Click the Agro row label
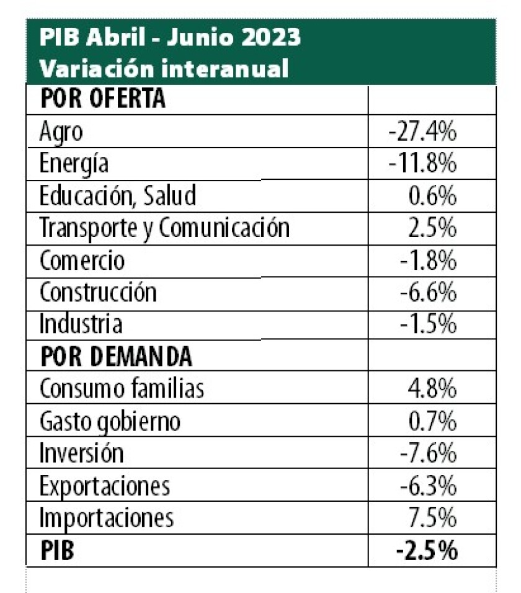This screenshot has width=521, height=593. click(x=60, y=132)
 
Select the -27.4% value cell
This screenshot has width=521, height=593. click(x=424, y=132)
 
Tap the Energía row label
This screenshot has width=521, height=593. click(x=73, y=164)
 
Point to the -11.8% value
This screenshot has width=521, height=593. click(x=424, y=164)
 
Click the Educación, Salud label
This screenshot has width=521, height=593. click(x=118, y=196)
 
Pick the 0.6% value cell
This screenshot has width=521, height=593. click(x=434, y=196)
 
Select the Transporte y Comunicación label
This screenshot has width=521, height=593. click(x=164, y=228)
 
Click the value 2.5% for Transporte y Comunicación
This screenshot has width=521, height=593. click(x=434, y=228)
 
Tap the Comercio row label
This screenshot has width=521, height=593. click(x=82, y=261)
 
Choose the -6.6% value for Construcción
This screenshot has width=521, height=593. click(x=428, y=292)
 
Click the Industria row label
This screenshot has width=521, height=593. click(x=81, y=324)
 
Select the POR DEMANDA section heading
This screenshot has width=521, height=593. click(x=116, y=356)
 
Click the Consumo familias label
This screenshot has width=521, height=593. click(x=122, y=389)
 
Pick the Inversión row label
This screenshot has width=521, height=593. click(x=81, y=453)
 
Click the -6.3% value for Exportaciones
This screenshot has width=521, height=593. click(x=428, y=486)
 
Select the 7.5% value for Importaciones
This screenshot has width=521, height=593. click(x=434, y=517)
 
